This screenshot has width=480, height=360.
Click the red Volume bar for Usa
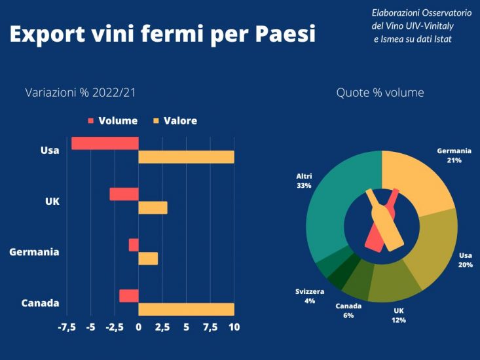105,143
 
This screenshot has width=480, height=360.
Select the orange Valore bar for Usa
186,157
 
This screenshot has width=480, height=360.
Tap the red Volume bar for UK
124,194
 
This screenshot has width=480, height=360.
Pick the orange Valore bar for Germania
148,259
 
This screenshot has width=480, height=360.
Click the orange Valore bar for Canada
186,309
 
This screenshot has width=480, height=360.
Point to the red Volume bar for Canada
128,296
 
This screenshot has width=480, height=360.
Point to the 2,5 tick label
162,327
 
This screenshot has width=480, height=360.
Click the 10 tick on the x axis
234,327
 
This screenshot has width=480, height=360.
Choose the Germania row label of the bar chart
34,252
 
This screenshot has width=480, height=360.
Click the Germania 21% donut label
454,155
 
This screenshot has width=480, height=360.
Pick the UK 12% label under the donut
399,315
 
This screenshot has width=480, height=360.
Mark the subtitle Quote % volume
380,93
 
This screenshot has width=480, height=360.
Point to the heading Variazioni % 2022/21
81,93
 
